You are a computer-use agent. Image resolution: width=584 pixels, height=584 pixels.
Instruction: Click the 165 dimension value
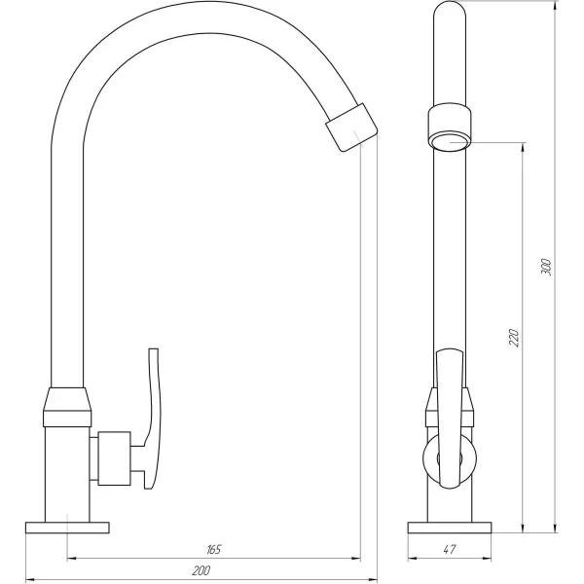click(215, 550)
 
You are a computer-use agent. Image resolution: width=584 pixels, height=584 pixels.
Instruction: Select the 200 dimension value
click(201, 571)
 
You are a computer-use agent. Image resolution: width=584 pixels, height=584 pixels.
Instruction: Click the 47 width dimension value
click(449, 550)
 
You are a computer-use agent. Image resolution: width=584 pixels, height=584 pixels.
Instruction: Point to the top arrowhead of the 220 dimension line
click(526, 143)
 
